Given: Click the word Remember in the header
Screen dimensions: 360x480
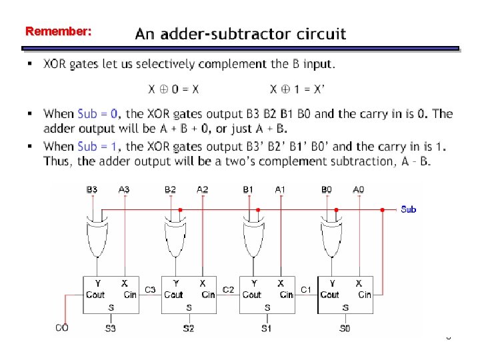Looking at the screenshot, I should (57, 31).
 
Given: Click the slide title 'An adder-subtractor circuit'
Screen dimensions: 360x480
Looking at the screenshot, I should (241, 33).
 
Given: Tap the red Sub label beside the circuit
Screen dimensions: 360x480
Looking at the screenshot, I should (408, 209).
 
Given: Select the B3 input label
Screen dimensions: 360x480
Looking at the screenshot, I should (92, 190).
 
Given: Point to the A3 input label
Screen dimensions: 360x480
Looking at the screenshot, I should (124, 190).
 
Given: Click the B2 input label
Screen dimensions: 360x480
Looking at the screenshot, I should (171, 190).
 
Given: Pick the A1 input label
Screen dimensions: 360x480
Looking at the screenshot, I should (281, 190).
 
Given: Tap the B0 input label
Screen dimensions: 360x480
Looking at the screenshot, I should (327, 190).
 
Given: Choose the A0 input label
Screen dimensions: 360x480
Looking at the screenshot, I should (359, 190).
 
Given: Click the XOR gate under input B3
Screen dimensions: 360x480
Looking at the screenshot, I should (96, 237).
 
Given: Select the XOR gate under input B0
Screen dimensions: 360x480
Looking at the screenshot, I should (330, 237).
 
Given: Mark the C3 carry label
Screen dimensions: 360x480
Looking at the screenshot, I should (150, 289).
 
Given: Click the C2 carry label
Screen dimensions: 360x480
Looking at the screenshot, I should (228, 289).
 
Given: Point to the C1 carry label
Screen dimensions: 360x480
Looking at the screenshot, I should (306, 289).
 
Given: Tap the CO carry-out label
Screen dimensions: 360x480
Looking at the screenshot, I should (62, 327).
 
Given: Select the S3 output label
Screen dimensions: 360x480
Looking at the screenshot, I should (110, 328).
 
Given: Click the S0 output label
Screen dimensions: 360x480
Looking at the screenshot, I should (345, 328).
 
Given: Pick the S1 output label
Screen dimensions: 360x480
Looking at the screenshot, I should (267, 328).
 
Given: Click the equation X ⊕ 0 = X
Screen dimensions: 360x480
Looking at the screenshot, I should (173, 89).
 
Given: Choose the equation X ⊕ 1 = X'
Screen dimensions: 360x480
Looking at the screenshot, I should (297, 89).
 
